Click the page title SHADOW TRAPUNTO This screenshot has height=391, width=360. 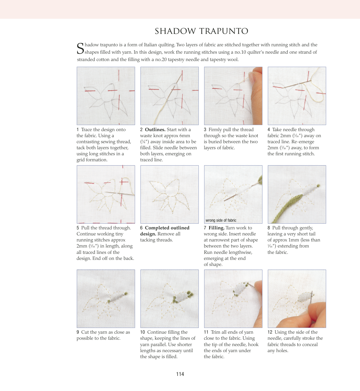click(x=201, y=31)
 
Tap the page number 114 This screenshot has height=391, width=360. click(x=180, y=374)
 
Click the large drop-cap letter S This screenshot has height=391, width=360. click(x=80, y=49)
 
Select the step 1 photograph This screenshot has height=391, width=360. click(x=106, y=96)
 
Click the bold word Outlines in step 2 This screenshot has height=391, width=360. click(x=155, y=130)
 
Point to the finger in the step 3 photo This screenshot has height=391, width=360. click(x=256, y=94)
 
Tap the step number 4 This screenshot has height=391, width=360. click(x=269, y=130)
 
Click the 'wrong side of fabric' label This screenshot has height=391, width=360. click(x=221, y=220)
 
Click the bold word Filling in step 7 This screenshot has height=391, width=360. click(x=216, y=228)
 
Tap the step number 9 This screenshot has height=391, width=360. click(x=78, y=332)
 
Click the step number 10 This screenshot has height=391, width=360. click(x=142, y=332)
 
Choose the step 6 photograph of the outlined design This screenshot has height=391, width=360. click(x=170, y=194)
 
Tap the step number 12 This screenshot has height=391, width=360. click(x=270, y=332)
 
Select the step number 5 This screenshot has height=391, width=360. click(x=78, y=228)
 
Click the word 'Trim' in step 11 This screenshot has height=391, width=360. click(x=216, y=332)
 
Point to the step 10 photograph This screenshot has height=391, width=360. click(x=170, y=299)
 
